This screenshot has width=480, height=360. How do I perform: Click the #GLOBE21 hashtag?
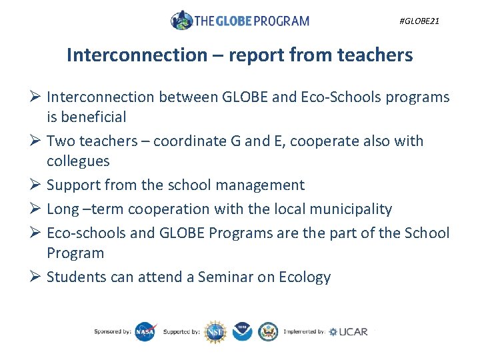[419, 21]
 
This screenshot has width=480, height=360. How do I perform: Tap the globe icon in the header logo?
[181, 20]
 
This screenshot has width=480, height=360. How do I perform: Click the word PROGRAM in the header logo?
[281, 21]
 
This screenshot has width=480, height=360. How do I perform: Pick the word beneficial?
[93, 117]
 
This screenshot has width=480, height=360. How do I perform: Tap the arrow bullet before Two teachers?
[37, 141]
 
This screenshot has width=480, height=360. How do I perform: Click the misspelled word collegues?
[78, 161]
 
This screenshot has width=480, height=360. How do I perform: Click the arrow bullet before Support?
[37, 185]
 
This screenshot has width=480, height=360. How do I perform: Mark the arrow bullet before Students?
[37, 277]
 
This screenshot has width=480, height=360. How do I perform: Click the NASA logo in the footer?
[145, 331]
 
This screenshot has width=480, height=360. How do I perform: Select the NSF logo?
[215, 331]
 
